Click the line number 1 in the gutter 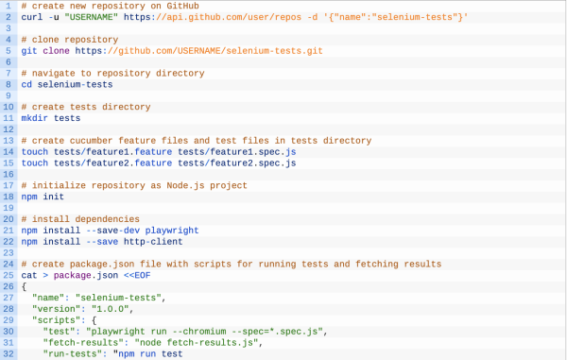8,6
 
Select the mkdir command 35,118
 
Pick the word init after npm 56,197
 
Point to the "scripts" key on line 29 56,320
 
